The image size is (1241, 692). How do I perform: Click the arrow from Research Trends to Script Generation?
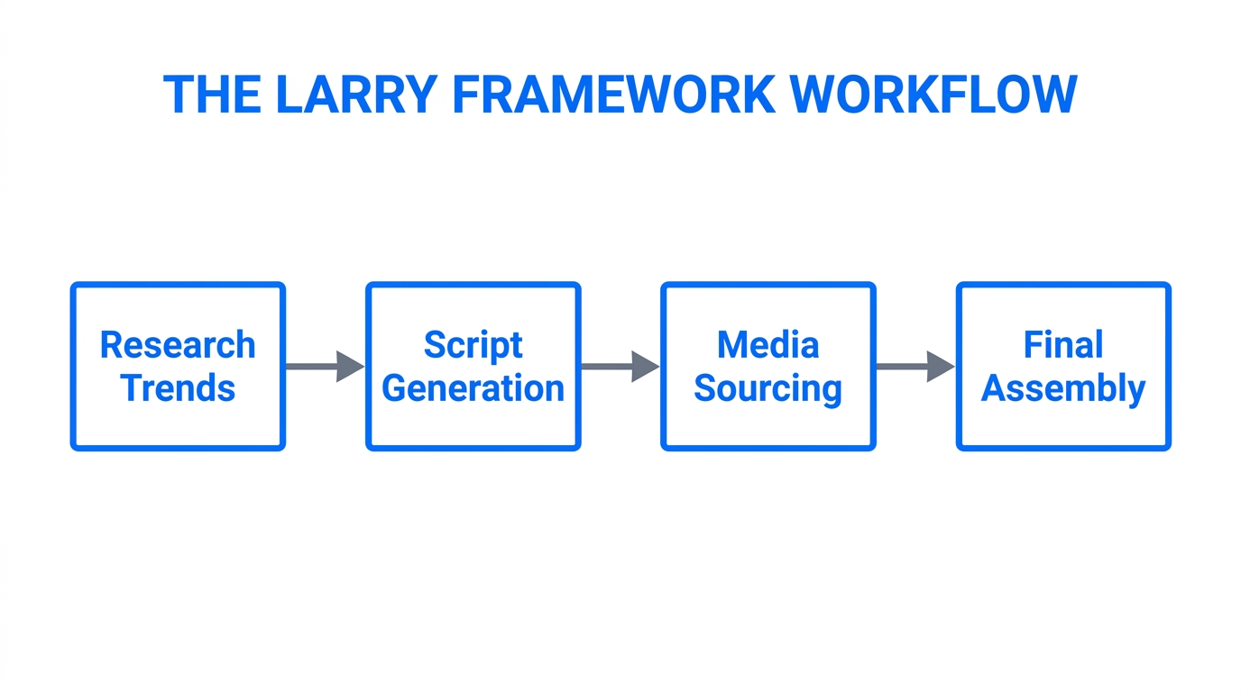[x=324, y=367]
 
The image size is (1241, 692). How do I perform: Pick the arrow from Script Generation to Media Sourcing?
[x=619, y=367]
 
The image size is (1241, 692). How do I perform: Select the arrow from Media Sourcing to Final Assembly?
[x=914, y=367]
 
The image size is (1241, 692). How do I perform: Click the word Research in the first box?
[x=178, y=345]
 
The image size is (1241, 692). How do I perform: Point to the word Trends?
[x=178, y=388]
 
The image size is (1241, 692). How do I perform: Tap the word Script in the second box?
[x=473, y=345]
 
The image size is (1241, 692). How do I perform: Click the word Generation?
[x=473, y=388]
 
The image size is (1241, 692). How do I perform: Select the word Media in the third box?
[x=768, y=345]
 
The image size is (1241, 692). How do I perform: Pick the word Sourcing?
[x=768, y=388]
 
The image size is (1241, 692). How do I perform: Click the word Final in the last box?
[x=1063, y=345]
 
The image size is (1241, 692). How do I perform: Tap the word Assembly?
[x=1063, y=388]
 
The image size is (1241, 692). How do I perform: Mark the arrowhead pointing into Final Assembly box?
[x=940, y=367]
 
